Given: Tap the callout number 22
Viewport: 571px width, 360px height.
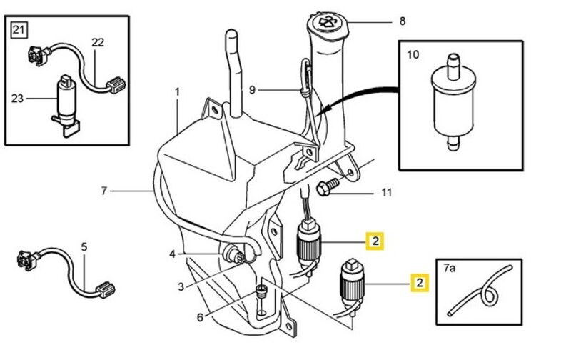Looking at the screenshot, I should click(x=98, y=42).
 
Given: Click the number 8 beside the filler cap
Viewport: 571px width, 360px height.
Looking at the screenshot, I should click(x=402, y=21).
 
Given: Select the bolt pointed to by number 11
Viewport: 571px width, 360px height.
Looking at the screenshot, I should click(x=323, y=189).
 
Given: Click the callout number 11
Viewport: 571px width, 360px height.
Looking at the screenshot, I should click(x=386, y=192).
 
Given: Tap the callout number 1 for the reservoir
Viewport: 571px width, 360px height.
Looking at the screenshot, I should click(x=177, y=92).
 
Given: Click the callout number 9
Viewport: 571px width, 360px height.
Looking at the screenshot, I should click(x=252, y=90).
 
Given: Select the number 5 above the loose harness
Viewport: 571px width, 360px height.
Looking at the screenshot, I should click(x=84, y=247).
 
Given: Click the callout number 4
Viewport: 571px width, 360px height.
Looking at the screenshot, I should click(x=172, y=254).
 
